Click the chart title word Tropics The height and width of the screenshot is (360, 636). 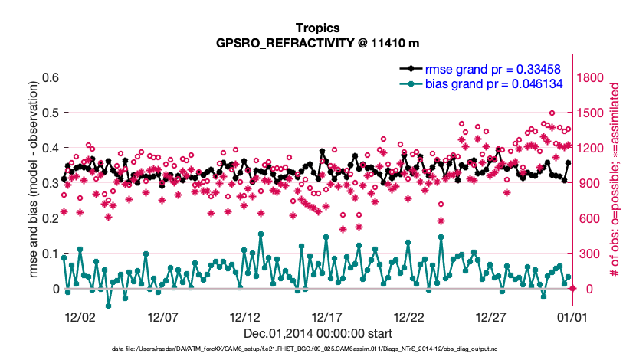[317, 27]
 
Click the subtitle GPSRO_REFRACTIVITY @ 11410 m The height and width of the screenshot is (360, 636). [317, 42]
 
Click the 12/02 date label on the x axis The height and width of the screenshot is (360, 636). [80, 316]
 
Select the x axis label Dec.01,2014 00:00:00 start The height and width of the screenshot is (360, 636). [317, 333]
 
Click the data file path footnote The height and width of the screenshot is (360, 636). [317, 350]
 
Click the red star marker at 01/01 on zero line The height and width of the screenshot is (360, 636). [572, 288]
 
